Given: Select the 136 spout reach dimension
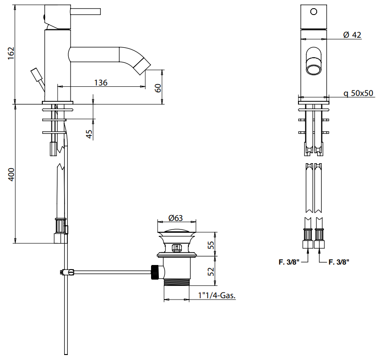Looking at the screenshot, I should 101,83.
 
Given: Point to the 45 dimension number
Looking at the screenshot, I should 89,134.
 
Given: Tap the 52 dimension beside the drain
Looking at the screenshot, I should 211,272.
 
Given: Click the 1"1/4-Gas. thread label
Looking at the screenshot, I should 217,295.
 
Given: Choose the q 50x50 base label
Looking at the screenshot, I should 358,93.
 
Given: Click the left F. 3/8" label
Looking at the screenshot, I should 288,262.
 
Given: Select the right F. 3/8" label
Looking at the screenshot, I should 339,262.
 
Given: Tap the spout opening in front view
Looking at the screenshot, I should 313,69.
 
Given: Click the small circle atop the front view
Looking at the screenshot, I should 313,12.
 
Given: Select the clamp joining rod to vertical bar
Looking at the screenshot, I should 66,272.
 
